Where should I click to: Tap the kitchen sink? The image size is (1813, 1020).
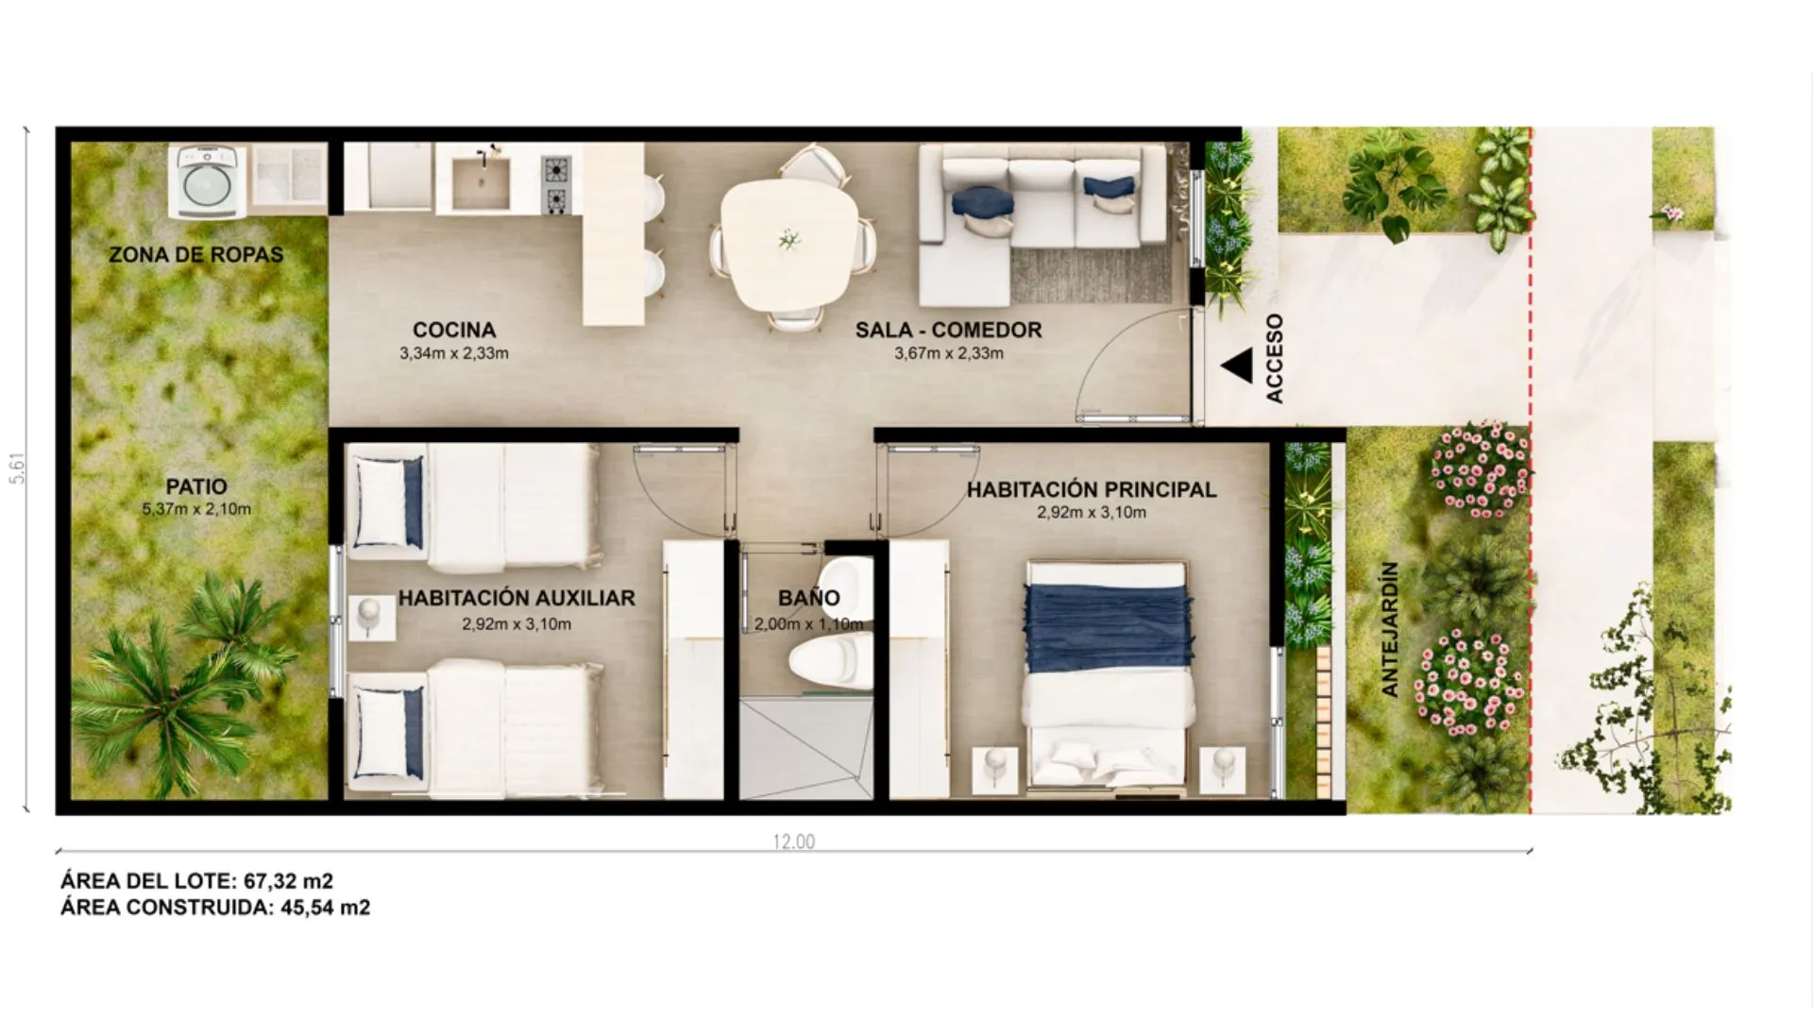pyautogui.click(x=481, y=182)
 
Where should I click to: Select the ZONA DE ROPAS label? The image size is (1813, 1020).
pyautogui.click(x=195, y=255)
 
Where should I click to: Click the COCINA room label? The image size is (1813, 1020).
pyautogui.click(x=454, y=330)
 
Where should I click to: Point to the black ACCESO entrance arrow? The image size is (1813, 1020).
pyautogui.click(x=1237, y=365)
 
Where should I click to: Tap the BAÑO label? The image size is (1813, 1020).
pyautogui.click(x=809, y=598)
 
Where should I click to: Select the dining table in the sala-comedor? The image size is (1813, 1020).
pyautogui.click(x=789, y=244)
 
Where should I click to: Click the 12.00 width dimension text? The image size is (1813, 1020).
pyautogui.click(x=793, y=841)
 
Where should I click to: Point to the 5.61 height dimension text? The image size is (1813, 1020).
pyautogui.click(x=18, y=468)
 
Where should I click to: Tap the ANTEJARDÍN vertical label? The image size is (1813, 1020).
pyautogui.click(x=1389, y=630)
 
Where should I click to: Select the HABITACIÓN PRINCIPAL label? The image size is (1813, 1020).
pyautogui.click(x=1092, y=489)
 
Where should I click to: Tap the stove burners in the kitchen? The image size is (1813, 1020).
pyautogui.click(x=555, y=185)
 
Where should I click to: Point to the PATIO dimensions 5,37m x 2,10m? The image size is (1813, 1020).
pyautogui.click(x=196, y=509)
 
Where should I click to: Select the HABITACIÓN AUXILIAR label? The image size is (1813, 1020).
pyautogui.click(x=517, y=598)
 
